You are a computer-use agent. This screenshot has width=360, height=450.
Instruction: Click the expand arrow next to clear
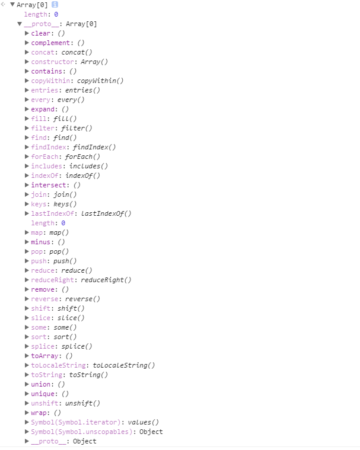(x=27, y=33)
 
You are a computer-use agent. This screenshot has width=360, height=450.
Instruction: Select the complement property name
(x=51, y=43)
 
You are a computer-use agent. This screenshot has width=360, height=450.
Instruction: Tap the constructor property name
(x=51, y=62)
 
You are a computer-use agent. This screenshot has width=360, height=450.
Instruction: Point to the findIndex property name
(x=50, y=147)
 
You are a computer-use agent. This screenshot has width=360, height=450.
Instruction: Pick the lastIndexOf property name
(x=51, y=213)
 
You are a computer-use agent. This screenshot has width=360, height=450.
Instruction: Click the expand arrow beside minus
(x=27, y=242)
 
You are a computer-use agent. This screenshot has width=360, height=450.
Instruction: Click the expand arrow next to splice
(x=27, y=346)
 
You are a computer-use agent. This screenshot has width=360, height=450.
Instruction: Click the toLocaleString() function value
(x=123, y=365)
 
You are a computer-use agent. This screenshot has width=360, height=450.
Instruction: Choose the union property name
(x=41, y=384)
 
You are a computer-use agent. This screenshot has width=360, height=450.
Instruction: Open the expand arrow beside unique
(x=27, y=394)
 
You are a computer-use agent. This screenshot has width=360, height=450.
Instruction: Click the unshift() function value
(x=82, y=403)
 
